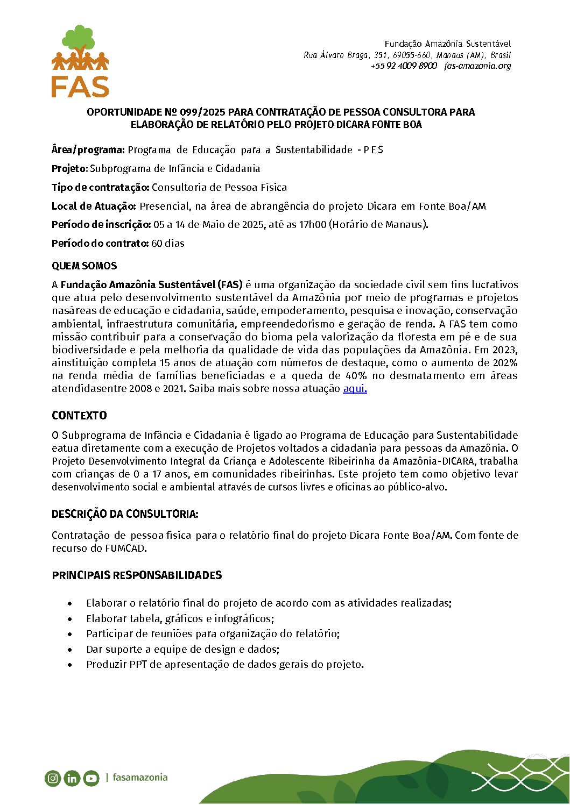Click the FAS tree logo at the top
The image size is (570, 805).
(80, 61)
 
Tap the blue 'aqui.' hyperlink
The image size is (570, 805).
(355, 389)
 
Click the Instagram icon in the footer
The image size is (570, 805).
(53, 778)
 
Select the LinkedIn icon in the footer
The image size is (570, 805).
(72, 778)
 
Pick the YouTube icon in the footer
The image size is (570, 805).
(91, 778)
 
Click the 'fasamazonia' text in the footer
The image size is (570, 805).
(140, 778)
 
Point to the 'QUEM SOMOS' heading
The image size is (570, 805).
(84, 266)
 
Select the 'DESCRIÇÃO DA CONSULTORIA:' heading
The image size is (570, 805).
(125, 514)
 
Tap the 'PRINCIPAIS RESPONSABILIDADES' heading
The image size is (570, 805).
(137, 575)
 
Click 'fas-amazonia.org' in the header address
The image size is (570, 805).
(477, 66)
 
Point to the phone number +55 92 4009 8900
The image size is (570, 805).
(404, 66)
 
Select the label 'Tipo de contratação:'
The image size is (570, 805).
(100, 188)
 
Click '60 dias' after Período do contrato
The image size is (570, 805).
(168, 244)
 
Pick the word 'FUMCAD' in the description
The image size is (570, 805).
(125, 548)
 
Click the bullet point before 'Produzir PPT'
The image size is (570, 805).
(70, 665)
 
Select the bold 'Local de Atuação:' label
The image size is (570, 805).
(94, 206)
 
